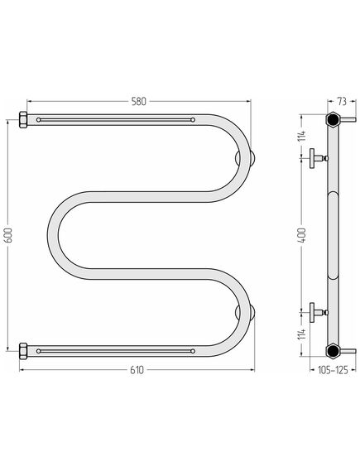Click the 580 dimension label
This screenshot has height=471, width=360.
pyautogui.click(x=139, y=102)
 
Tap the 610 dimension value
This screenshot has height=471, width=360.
pyautogui.click(x=137, y=370)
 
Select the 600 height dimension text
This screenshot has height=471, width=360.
pyautogui.click(x=9, y=235)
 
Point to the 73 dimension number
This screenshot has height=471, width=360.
pyautogui.click(x=342, y=102)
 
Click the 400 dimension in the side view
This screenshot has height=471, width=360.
pyautogui.click(x=303, y=235)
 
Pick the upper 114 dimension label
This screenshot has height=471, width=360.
pyautogui.click(x=303, y=136)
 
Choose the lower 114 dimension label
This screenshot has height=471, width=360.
pyautogui.click(x=303, y=334)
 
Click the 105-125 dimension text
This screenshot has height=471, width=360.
pyautogui.click(x=333, y=370)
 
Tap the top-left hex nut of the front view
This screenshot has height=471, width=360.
pyautogui.click(x=23, y=120)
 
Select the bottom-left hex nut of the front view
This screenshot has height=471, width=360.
pyautogui.click(x=23, y=351)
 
